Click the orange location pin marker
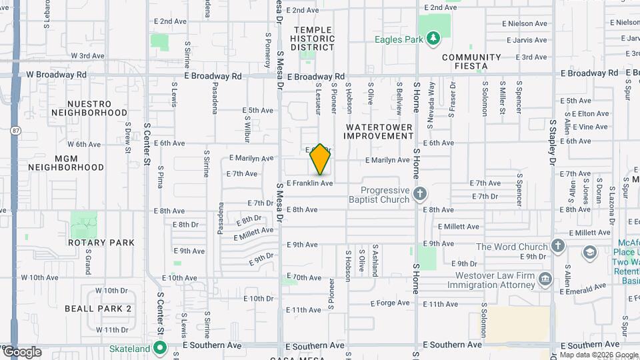(x=321, y=159)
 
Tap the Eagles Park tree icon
(x=434, y=39)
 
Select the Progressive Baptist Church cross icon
(x=419, y=194)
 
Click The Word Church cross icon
(x=558, y=247)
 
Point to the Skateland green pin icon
(x=160, y=347)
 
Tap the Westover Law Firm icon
(x=545, y=279)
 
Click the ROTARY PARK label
(x=101, y=243)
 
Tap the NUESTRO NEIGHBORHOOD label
(x=89, y=109)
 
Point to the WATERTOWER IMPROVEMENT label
(x=379, y=131)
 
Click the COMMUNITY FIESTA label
(x=471, y=62)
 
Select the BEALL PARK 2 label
(x=98, y=309)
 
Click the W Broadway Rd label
(x=56, y=75)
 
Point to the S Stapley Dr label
(x=553, y=143)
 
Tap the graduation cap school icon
(x=590, y=252)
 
